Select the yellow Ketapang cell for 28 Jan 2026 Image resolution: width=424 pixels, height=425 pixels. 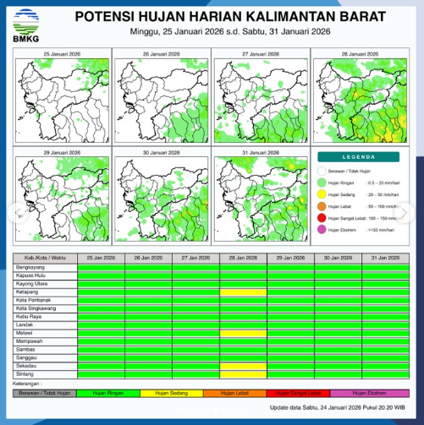244,292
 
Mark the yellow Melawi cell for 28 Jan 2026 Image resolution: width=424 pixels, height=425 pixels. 244,333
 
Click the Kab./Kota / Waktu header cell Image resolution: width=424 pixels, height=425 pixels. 43,258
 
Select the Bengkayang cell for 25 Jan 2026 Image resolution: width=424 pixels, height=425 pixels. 101,267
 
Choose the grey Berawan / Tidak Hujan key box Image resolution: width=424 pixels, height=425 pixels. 43,392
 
